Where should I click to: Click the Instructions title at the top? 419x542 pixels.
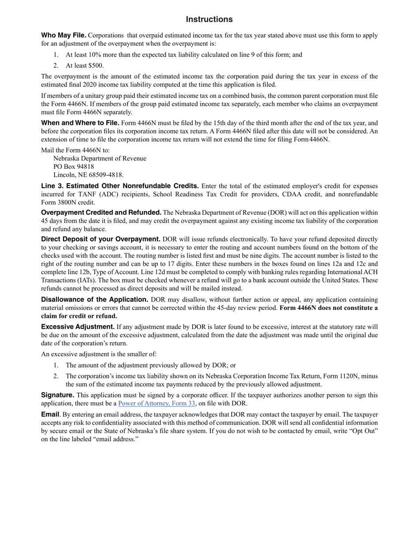pos(209,19)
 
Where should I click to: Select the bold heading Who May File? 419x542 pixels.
pos(64,35)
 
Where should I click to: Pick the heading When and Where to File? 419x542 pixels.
pos(80,123)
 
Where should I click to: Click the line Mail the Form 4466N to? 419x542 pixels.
pos(75,150)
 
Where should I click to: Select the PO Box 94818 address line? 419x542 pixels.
pos(73,167)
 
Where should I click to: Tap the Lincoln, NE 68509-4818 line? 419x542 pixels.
pos(88,175)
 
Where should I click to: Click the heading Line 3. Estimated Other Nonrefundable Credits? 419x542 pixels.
pos(120,186)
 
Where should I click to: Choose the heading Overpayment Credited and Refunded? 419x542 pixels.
pos(101,212)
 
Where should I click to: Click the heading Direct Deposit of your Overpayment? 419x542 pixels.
pos(101,239)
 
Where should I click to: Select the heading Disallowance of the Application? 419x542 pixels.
pos(94,299)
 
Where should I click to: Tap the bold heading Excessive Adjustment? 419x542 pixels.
pos(78,327)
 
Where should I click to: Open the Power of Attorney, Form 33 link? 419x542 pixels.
pos(157,403)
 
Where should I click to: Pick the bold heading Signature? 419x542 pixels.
pos(57,395)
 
